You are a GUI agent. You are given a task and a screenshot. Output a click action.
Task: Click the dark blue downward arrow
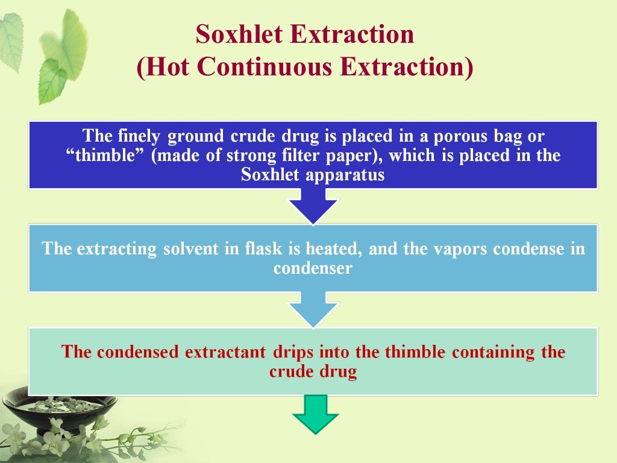coord(313,206)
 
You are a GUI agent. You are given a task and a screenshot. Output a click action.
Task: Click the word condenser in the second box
coord(312,268)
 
